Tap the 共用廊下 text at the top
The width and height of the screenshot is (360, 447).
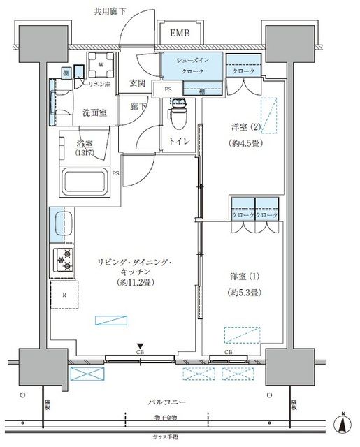tap(110, 11)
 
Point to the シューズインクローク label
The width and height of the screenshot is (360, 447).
tap(192, 65)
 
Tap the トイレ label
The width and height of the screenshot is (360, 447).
tap(178, 139)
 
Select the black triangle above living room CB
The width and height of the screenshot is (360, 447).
tap(141, 345)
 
